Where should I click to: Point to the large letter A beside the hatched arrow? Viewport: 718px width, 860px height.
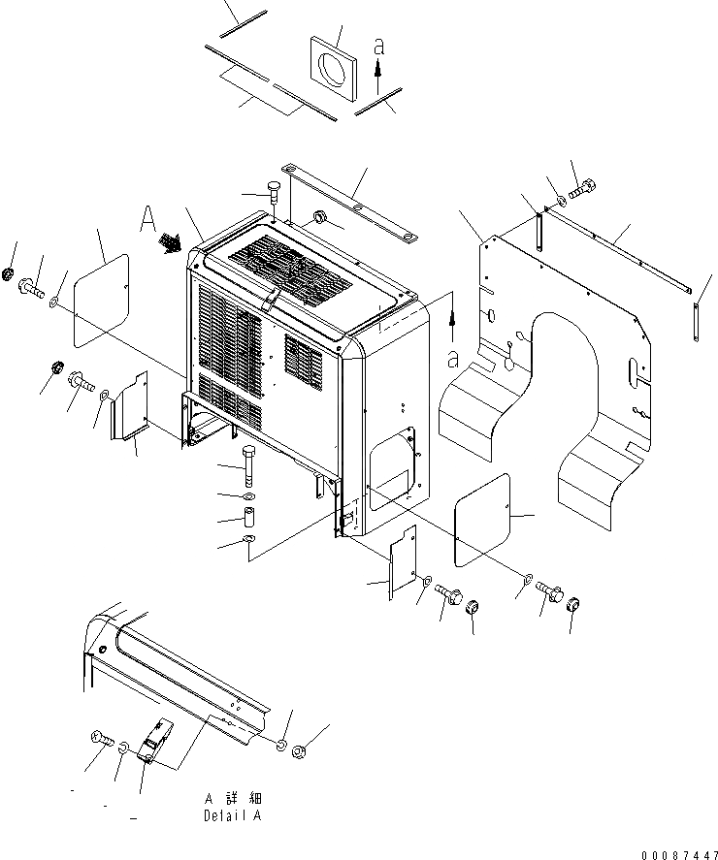point(147,221)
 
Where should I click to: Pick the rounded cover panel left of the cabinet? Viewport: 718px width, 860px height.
point(101,300)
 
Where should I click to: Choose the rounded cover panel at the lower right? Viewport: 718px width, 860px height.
point(482,519)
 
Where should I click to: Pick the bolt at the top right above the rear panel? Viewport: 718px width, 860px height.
point(580,192)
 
